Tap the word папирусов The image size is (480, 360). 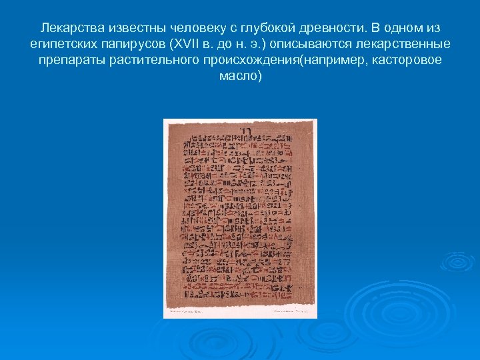[x=133, y=44]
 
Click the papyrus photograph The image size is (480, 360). [x=240, y=218]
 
